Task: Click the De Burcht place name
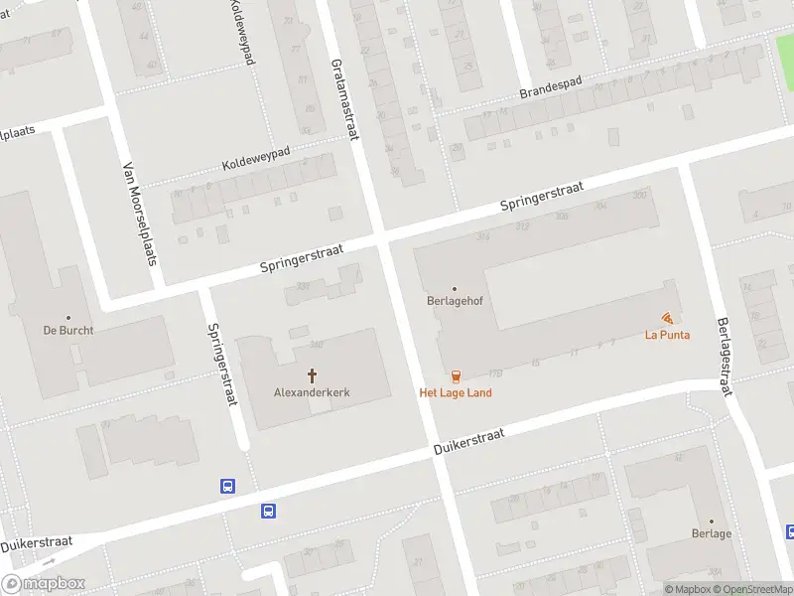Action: [x=67, y=330]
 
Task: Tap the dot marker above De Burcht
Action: [x=68, y=315]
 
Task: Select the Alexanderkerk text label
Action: [x=312, y=392]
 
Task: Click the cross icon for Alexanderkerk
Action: [x=312, y=375]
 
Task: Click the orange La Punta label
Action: [x=667, y=335]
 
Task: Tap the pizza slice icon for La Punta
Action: [x=667, y=318]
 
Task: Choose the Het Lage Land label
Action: [x=456, y=392]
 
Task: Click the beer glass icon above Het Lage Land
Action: [x=456, y=375]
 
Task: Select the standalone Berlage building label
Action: [x=712, y=533]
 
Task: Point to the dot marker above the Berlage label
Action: [x=712, y=520]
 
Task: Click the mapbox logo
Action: [x=44, y=584]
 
